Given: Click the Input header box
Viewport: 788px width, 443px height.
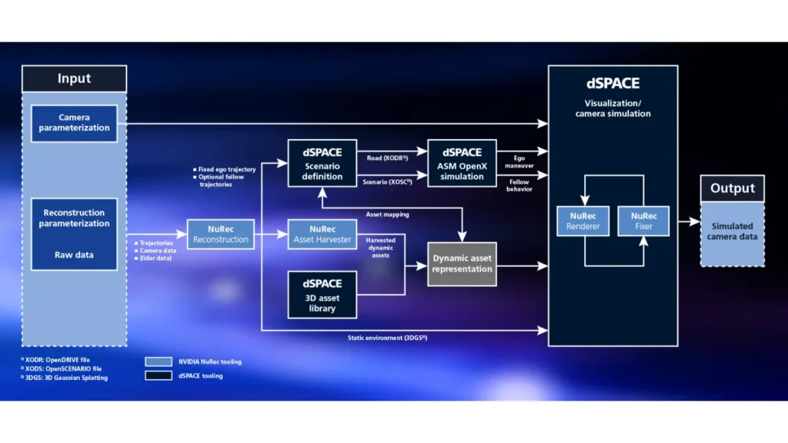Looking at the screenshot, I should (x=74, y=78).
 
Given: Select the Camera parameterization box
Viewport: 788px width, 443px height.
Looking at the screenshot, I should (x=74, y=123).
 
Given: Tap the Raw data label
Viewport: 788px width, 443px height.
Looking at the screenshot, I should (x=74, y=255).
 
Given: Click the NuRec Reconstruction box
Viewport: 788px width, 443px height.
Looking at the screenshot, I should (x=220, y=234).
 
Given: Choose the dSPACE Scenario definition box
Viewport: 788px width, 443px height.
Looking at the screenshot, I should (x=322, y=164).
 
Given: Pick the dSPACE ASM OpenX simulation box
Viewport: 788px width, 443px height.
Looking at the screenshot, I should (x=462, y=164).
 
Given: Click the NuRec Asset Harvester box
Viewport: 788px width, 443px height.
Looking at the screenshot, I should (x=322, y=234).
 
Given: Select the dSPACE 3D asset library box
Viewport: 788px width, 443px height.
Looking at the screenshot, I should (x=322, y=294).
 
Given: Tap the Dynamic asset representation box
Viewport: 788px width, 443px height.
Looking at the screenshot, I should (x=462, y=264).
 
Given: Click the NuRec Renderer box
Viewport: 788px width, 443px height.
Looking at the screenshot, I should (x=583, y=221).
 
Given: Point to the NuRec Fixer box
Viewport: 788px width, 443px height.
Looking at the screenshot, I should (x=643, y=221).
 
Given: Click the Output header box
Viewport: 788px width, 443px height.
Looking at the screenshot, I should (x=732, y=188).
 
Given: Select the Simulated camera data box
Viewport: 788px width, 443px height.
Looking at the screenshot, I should (x=732, y=231).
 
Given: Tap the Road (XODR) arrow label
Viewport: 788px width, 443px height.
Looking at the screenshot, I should (x=387, y=157).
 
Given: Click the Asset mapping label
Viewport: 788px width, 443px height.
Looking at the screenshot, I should (x=387, y=215).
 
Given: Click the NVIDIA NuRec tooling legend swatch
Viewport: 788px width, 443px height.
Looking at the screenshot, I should (x=159, y=361).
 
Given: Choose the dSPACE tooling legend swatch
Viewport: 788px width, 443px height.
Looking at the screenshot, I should (x=159, y=376).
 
